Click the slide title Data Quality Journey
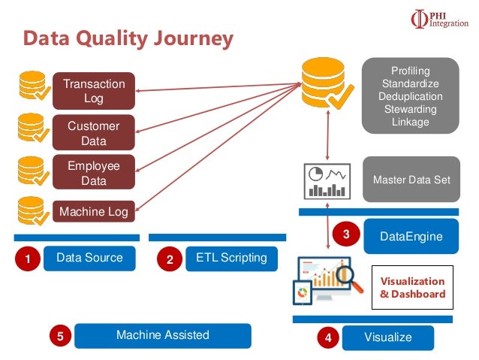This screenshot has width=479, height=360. coord(128,38)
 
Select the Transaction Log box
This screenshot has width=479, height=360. coord(93,91)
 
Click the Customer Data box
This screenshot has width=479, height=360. coord(93,133)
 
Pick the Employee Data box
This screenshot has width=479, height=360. coord(93,174)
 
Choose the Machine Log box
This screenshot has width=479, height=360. coord(93,212)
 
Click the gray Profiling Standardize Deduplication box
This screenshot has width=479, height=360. coord(411,96)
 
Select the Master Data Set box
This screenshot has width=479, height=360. coord(411,180)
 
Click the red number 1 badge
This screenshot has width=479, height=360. coord(28,260)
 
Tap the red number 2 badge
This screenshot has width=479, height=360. coord(170,260)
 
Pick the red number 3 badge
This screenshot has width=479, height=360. coord(346,234)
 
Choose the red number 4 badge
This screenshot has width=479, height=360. coord(327,339)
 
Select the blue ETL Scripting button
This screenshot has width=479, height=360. coord(231,258)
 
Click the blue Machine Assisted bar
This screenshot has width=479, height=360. coord(162,335)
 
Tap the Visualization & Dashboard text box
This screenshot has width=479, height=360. coord(412,288)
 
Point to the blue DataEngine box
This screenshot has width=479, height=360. coord(411,237)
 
